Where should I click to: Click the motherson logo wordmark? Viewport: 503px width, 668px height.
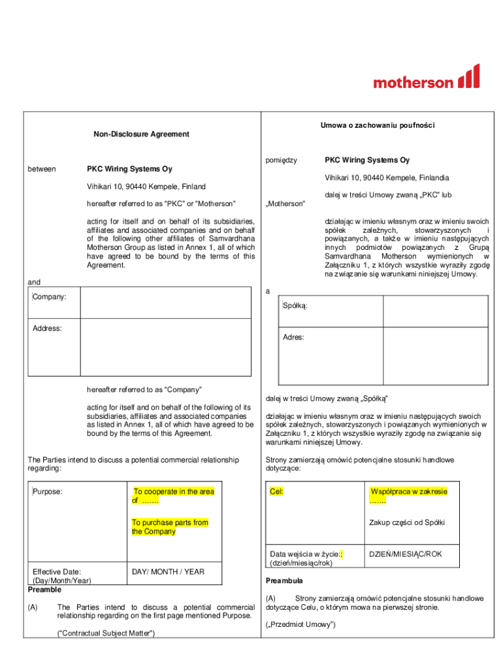click(413, 82)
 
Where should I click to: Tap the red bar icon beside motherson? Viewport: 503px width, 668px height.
click(469, 76)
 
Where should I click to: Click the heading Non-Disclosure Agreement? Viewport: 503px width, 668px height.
click(141, 134)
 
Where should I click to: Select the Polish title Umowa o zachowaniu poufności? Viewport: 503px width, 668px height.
click(378, 125)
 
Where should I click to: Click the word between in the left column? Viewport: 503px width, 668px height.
click(41, 169)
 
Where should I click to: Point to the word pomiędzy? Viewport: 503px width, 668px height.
click(282, 160)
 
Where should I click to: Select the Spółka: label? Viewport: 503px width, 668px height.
click(295, 306)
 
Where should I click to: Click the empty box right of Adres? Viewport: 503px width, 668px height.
click(434, 356)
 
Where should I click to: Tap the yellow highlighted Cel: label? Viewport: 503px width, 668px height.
click(276, 491)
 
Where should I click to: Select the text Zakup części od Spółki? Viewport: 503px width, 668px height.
click(406, 523)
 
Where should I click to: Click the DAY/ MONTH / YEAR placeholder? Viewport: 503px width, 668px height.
click(168, 572)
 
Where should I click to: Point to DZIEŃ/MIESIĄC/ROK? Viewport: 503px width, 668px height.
click(406, 554)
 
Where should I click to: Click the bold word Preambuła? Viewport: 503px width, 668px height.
click(284, 581)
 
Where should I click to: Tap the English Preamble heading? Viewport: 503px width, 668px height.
click(44, 590)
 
